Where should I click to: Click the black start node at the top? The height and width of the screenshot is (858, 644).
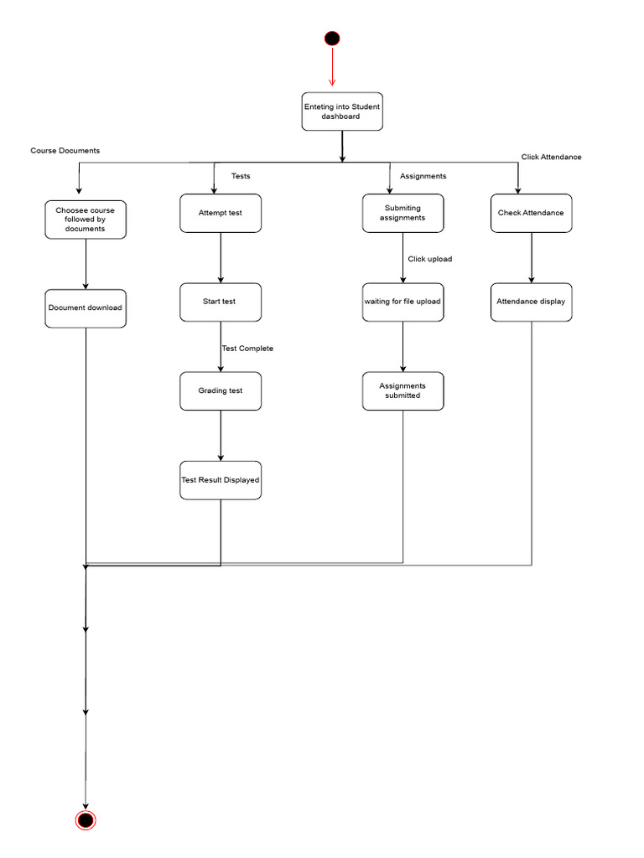point(332,38)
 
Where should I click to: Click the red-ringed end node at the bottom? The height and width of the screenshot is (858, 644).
point(86,819)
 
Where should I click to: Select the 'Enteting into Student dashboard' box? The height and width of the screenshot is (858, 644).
point(342,111)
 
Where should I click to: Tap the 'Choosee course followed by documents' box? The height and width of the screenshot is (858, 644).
point(86,219)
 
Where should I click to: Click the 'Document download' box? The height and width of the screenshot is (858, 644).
point(86,308)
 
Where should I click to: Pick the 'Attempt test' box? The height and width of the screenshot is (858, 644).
point(221,213)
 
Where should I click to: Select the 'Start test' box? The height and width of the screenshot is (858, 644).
point(221,302)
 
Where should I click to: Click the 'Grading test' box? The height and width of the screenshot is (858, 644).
point(221,390)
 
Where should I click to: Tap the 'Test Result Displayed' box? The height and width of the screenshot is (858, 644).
point(221,480)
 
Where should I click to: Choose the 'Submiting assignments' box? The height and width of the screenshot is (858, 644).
point(403,213)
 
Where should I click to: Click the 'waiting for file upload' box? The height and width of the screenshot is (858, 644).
point(403,302)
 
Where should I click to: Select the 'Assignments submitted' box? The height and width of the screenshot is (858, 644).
point(403,390)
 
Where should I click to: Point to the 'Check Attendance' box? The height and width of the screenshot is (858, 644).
point(532,213)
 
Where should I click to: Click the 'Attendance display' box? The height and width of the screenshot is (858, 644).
point(532,302)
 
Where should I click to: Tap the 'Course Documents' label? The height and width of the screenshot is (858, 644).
point(65,151)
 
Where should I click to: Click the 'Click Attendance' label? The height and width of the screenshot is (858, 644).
point(551,157)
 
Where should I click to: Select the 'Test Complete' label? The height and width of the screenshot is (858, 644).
point(248,349)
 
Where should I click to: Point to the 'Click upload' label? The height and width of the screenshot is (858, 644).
point(430,259)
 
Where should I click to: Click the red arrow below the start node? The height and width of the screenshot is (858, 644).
point(332,66)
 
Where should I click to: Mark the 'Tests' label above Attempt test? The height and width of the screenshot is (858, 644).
point(241,176)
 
